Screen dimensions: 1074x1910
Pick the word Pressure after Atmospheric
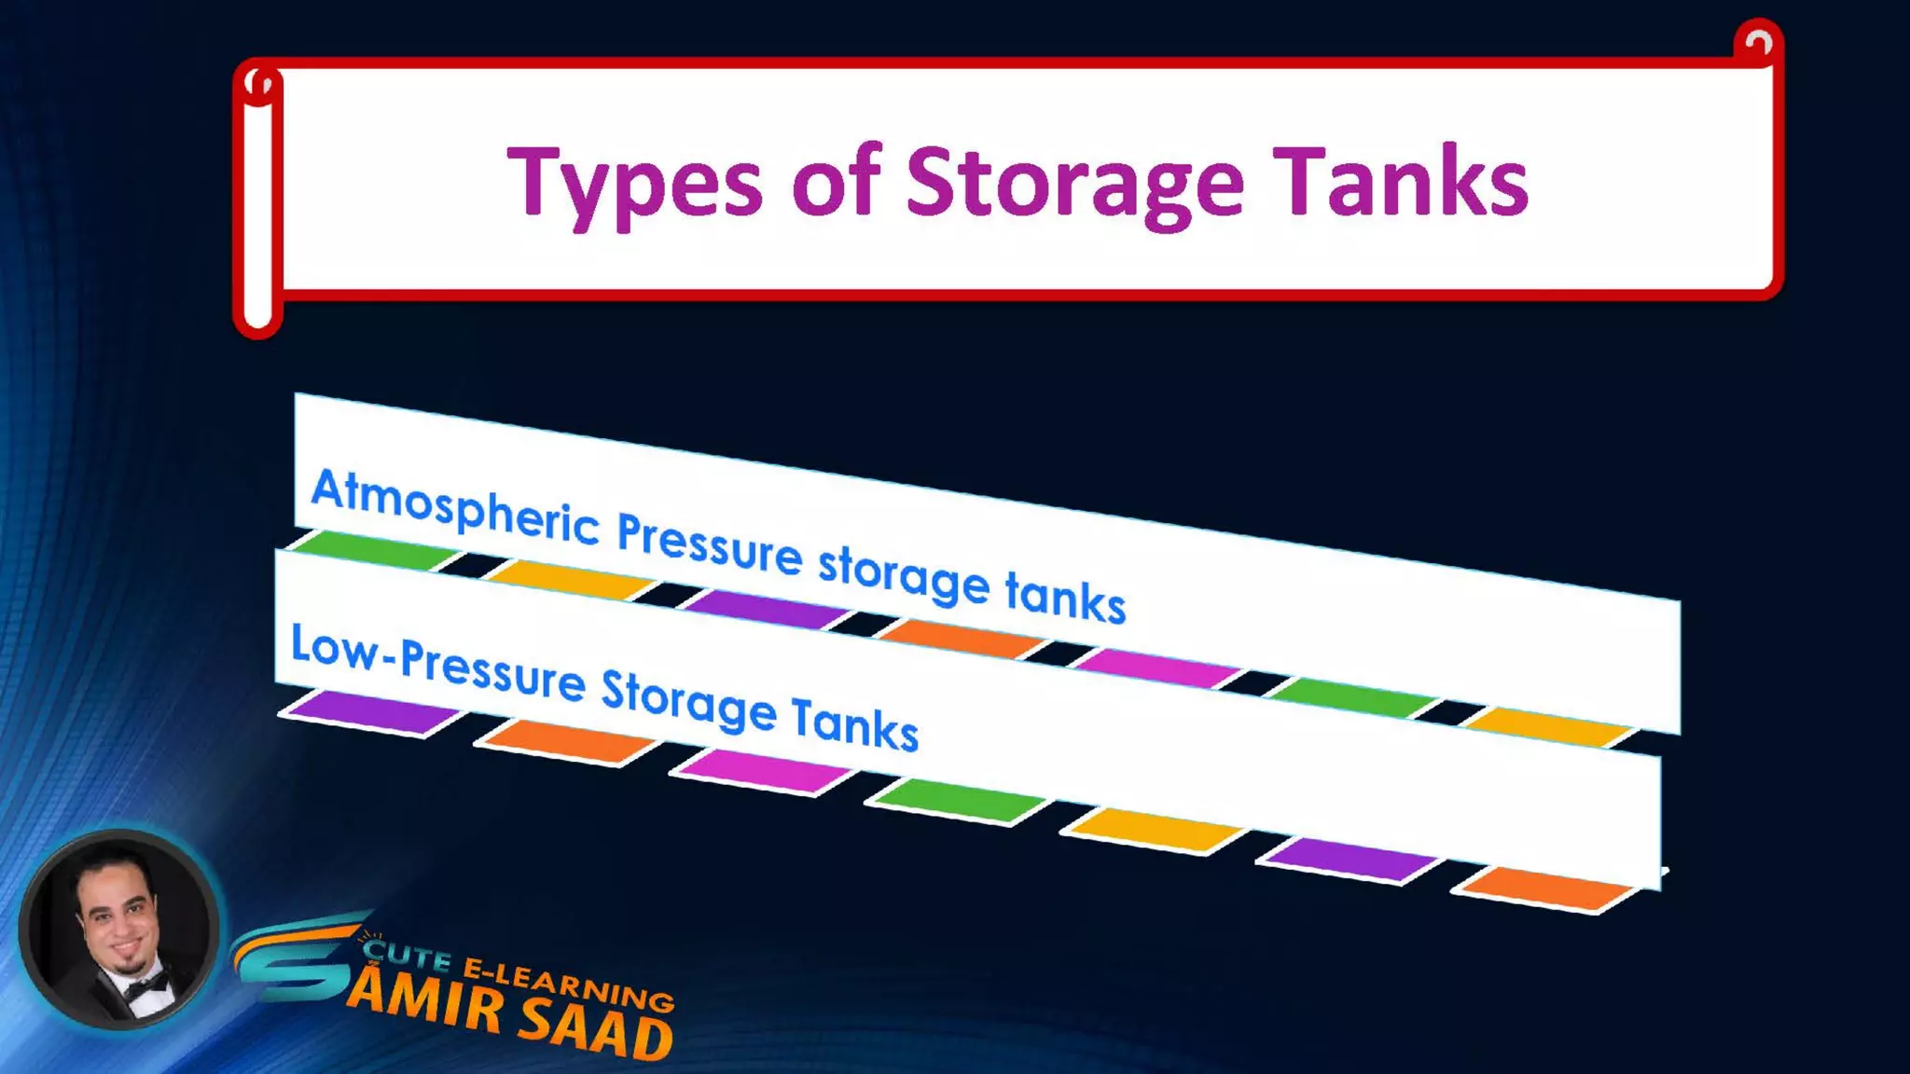pyautogui.click(x=709, y=545)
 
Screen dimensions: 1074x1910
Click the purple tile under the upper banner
pyautogui.click(x=765, y=609)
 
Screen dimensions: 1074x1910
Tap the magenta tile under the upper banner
pyautogui.click(x=1156, y=668)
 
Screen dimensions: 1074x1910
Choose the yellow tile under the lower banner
pyautogui.click(x=1155, y=829)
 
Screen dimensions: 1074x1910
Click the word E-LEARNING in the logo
pyautogui.click(x=569, y=983)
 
